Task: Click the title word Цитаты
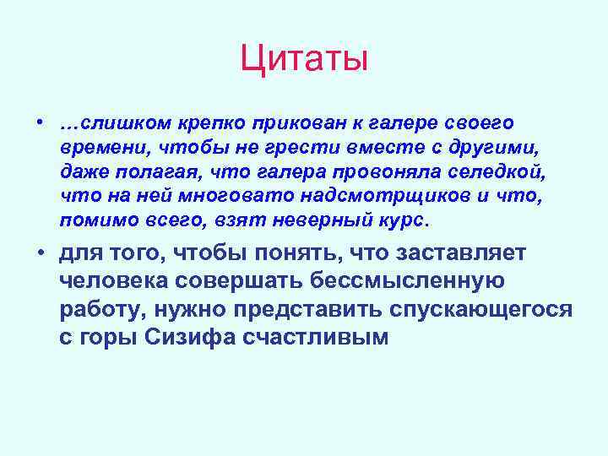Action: pos(304,59)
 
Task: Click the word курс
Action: pos(405,221)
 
